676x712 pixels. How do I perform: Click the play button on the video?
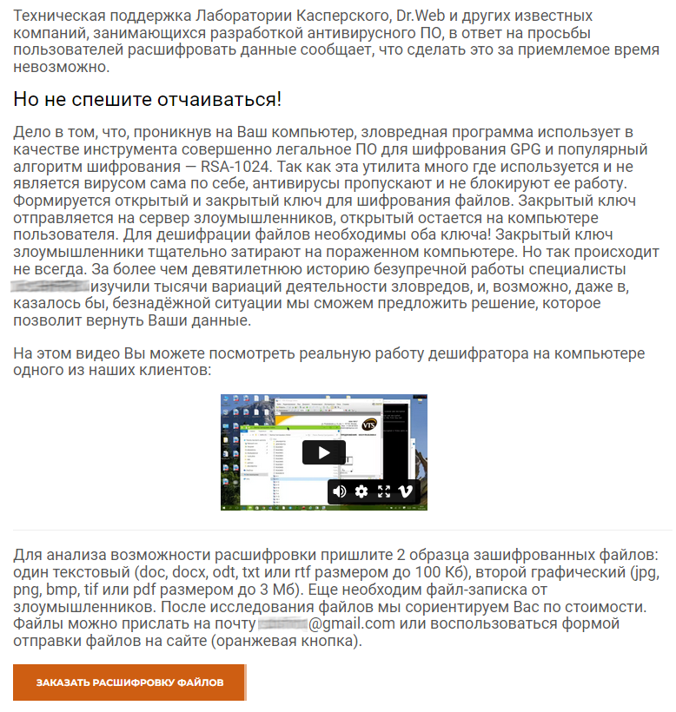point(323,452)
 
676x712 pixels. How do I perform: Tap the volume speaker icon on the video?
point(340,491)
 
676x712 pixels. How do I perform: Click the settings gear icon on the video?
point(361,491)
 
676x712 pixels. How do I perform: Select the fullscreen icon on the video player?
point(383,491)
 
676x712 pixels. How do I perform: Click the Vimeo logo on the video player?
point(405,491)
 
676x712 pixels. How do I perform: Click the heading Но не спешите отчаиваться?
point(148,99)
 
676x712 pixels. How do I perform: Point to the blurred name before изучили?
point(51,286)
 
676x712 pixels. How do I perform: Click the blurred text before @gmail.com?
point(283,623)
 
